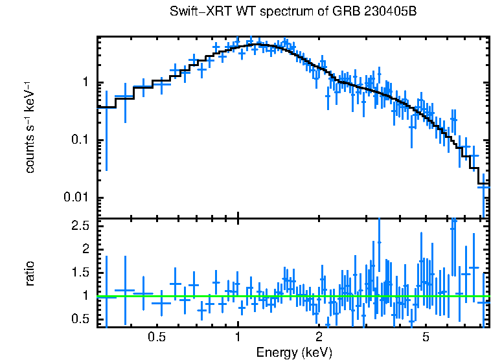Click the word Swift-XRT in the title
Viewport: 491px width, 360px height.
(x=195, y=12)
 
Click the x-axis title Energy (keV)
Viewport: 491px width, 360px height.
(x=294, y=353)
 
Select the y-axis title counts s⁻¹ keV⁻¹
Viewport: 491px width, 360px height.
(x=30, y=127)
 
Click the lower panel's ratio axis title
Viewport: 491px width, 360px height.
(x=30, y=273)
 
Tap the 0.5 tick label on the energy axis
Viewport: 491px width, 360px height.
(x=157, y=337)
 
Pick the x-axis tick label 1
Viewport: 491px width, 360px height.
(x=238, y=337)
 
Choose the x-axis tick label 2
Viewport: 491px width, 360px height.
(x=319, y=337)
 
